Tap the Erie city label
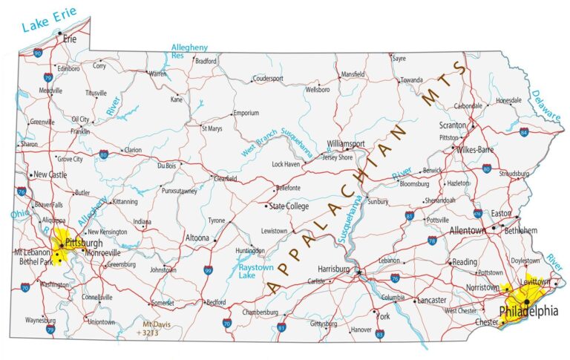click(x=71, y=39)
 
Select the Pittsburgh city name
click(x=83, y=243)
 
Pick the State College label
click(x=289, y=206)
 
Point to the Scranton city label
click(x=452, y=125)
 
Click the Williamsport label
click(x=346, y=144)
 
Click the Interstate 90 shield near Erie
click(x=38, y=53)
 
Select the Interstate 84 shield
click(x=524, y=132)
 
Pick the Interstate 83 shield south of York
click(x=379, y=335)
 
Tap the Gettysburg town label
click(x=323, y=324)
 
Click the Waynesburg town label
click(x=40, y=321)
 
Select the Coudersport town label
click(x=268, y=78)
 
